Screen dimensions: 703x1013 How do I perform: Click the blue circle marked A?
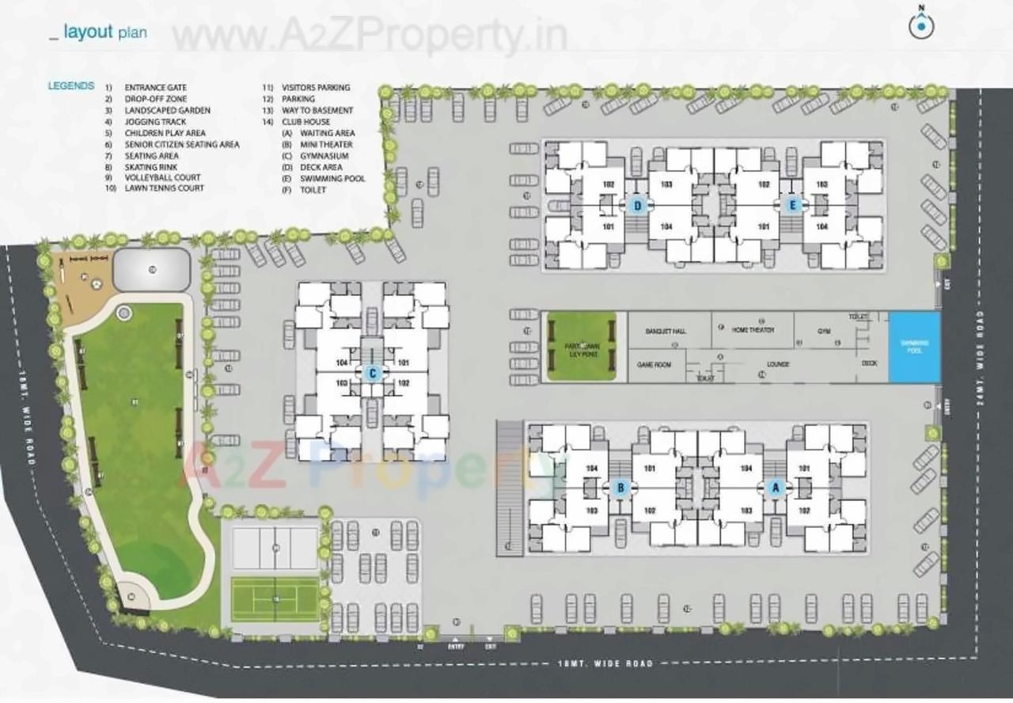776,488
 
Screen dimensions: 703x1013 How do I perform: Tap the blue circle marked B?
621,488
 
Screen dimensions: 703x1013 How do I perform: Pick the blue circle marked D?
639,206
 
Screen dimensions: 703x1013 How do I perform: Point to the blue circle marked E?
794,206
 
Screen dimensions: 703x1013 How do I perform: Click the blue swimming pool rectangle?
914,348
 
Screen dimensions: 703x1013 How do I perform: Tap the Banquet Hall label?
665,331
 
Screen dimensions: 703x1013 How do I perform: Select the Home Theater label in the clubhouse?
753,329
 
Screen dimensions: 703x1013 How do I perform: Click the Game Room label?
654,364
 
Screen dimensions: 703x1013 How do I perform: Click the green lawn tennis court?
275,599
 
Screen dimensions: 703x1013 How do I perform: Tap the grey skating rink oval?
151,269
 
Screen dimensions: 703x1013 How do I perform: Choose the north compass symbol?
920,26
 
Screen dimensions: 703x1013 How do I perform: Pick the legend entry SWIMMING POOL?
332,179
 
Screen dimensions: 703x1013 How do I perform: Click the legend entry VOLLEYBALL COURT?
162,177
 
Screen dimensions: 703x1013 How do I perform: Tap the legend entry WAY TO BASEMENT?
317,111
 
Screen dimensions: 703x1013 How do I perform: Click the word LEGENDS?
71,86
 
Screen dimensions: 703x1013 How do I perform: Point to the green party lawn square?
582,346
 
